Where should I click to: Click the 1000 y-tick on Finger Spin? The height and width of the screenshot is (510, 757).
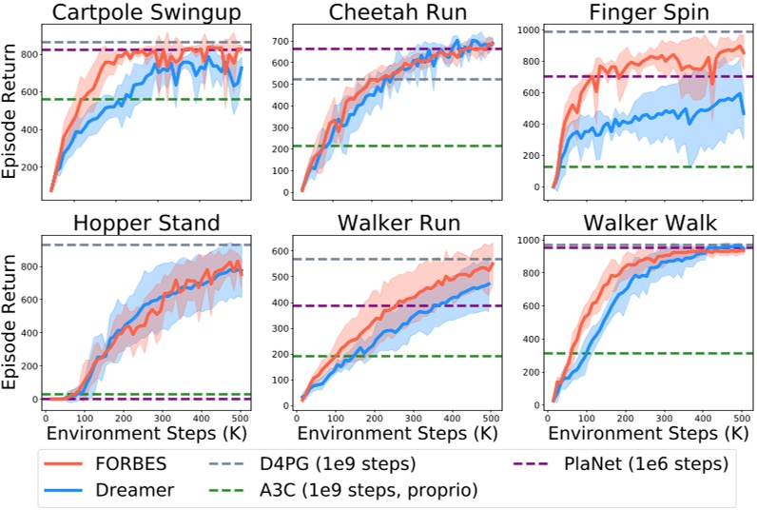pos(523,30)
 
